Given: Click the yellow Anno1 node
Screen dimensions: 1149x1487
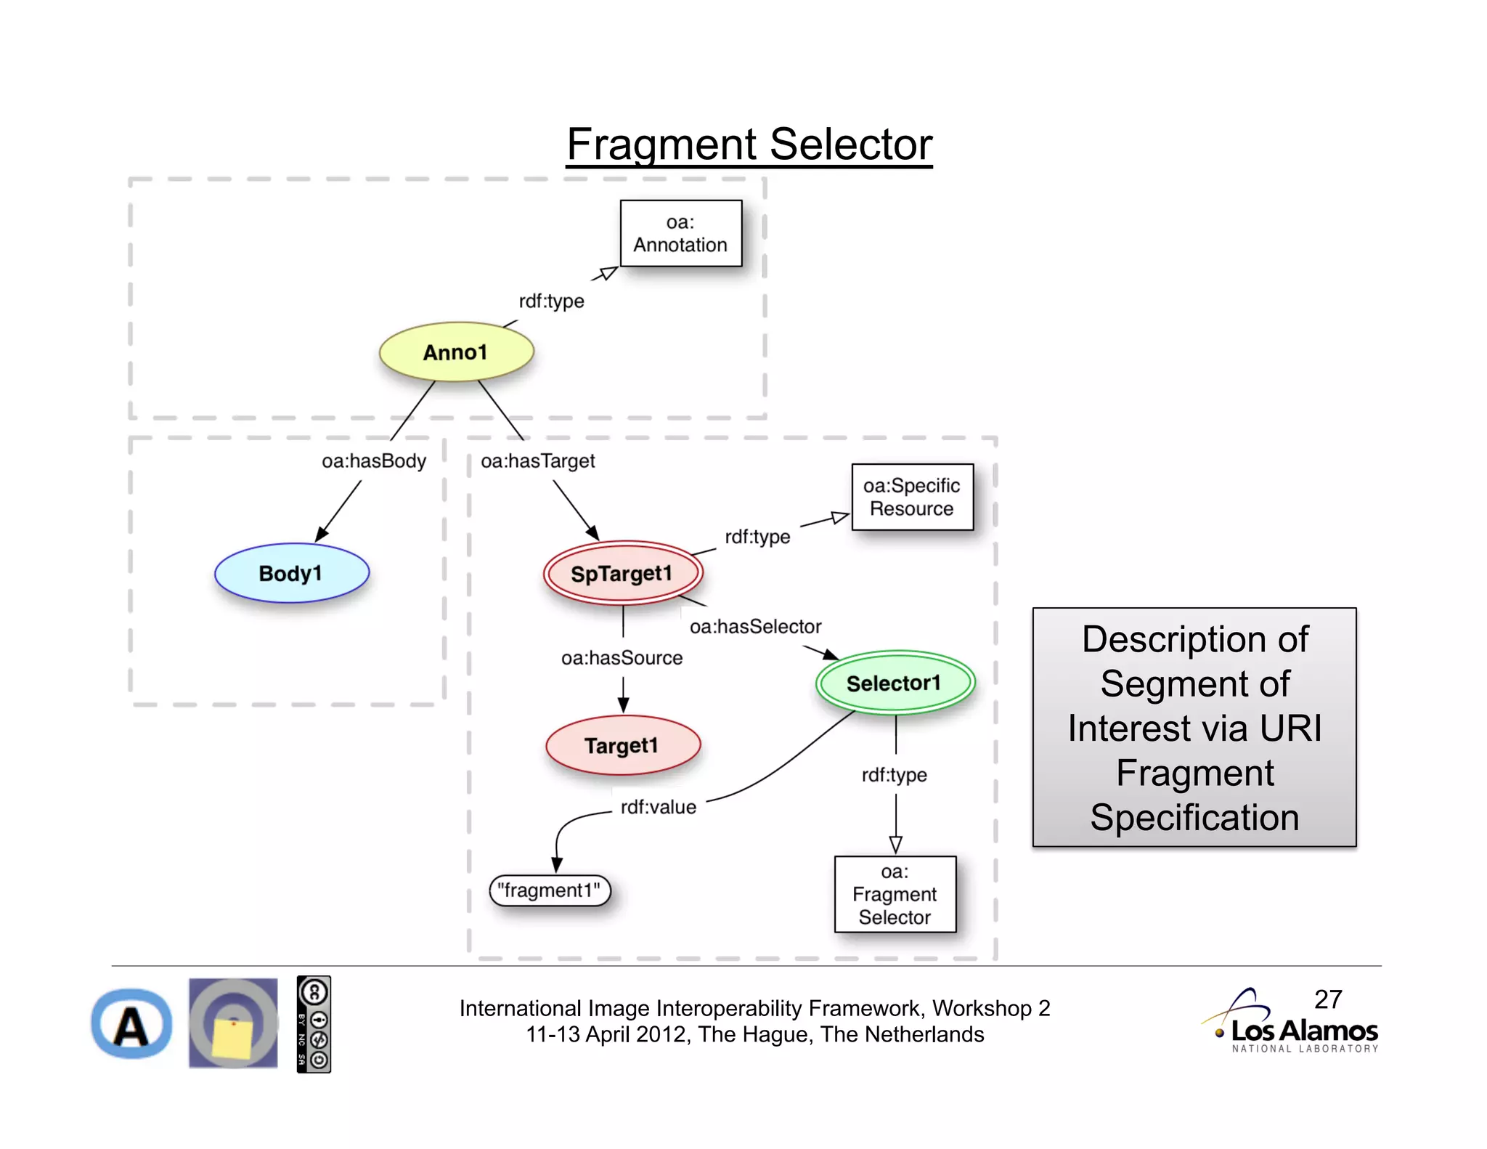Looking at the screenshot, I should coord(456,352).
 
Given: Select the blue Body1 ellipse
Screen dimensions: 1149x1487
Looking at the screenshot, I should coord(291,573).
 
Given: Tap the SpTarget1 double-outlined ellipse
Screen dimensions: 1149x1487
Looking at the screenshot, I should coord(622,573).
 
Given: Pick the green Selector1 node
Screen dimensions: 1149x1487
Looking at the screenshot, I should coord(895,683).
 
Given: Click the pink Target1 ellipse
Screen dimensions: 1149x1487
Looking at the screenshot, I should coord(622,745).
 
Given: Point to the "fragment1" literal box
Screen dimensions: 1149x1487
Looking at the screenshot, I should coord(550,890).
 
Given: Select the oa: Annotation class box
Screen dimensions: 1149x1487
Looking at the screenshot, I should coord(680,234).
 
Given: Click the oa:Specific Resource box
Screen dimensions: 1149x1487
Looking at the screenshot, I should coord(912,497).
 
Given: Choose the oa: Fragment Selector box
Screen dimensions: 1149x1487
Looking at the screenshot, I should coord(895,894).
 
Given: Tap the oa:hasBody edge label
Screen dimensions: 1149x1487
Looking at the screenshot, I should coord(374,461).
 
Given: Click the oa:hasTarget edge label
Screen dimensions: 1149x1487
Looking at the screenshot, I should coord(538,461).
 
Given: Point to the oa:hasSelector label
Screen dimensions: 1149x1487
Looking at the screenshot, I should coord(755,627).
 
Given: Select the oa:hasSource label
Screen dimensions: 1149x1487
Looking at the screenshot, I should coord(622,658).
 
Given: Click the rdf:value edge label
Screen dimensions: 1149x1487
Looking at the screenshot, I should coord(658,807).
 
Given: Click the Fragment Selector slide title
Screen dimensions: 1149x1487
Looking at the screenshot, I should coord(749,144).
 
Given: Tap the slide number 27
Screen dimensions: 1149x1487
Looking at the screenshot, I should coord(1328,999).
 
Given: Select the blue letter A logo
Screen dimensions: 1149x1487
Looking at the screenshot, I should coord(131,1024).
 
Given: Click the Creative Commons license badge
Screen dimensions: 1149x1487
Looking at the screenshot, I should coord(314,1024).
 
